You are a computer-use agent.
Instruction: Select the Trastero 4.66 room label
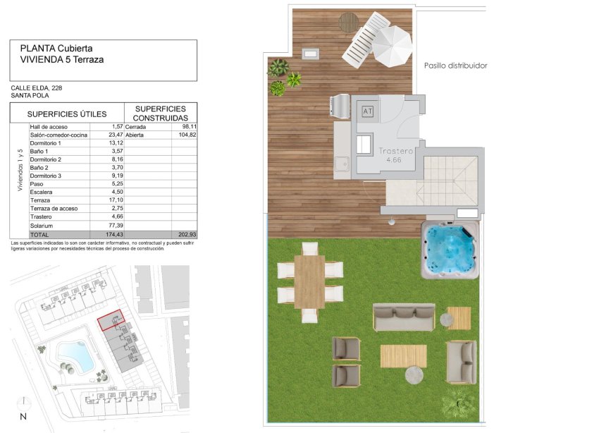point(395,155)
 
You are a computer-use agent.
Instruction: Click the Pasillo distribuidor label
point(455,66)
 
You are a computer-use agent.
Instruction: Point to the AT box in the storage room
point(367,111)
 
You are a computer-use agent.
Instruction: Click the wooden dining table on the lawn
point(309,281)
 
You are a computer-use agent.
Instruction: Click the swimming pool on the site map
point(71,357)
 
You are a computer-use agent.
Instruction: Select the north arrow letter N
point(23,417)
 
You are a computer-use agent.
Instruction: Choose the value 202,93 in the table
point(183,233)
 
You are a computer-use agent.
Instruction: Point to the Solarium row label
point(42,224)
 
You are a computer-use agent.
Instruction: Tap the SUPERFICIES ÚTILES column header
point(67,114)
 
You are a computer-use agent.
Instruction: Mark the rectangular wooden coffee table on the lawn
point(403,355)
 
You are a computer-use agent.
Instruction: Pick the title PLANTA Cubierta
point(56,48)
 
